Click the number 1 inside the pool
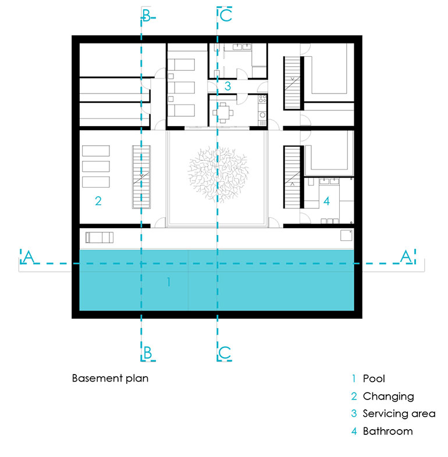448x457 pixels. pyautogui.click(x=169, y=282)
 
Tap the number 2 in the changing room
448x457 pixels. pyautogui.click(x=98, y=201)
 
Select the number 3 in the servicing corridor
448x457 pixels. pyautogui.click(x=227, y=86)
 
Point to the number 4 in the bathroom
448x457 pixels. pyautogui.click(x=326, y=201)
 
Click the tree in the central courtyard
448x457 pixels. pyautogui.click(x=218, y=175)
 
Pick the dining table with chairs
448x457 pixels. pyautogui.click(x=223, y=113)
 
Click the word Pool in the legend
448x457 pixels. pyautogui.click(x=374, y=379)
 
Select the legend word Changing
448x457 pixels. pyautogui.click(x=389, y=397)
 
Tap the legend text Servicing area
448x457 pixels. pyautogui.click(x=399, y=413)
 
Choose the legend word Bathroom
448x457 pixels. pyautogui.click(x=388, y=431)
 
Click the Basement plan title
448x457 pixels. pyautogui.click(x=110, y=378)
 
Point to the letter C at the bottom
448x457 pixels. pyautogui.click(x=225, y=352)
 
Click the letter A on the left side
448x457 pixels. pyautogui.click(x=29, y=257)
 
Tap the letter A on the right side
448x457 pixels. pyautogui.click(x=406, y=257)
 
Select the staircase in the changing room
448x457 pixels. pyautogui.click(x=141, y=177)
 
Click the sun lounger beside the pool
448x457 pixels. pyautogui.click(x=99, y=238)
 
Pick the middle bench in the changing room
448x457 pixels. pyautogui.click(x=96, y=167)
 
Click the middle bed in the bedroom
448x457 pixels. pyautogui.click(x=181, y=88)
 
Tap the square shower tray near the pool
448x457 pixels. pyautogui.click(x=346, y=236)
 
